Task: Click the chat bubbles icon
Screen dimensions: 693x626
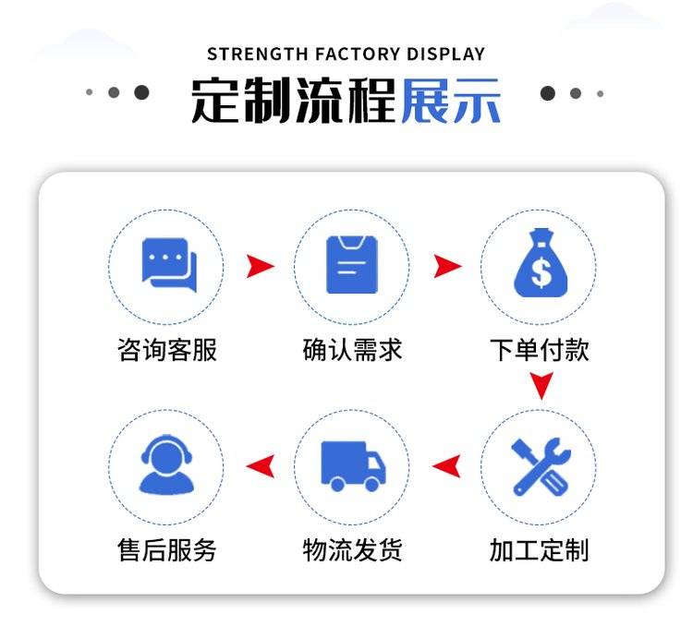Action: [169, 265]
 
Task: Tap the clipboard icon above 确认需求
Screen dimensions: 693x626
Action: [352, 265]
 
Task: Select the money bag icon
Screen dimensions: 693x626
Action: [541, 262]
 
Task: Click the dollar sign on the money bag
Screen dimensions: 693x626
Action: [541, 272]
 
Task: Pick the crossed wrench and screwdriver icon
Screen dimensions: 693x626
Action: [541, 466]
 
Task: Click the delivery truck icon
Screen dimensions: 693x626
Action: [353, 466]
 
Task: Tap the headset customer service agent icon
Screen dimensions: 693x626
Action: [166, 464]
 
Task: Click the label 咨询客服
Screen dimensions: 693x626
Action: [167, 350]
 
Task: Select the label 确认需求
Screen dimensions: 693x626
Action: [352, 350]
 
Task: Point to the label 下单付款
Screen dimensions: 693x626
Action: [540, 350]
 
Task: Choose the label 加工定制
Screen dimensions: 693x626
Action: [540, 550]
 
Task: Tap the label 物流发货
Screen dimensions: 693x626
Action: [352, 550]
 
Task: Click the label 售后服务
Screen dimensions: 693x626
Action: [167, 550]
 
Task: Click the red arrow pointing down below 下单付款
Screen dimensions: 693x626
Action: [541, 383]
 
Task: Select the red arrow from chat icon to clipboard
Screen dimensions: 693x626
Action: [260, 266]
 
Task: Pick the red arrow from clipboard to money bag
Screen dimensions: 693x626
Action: [447, 266]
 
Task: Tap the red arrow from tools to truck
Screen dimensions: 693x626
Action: [446, 466]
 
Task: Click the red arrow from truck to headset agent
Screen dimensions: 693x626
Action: [261, 466]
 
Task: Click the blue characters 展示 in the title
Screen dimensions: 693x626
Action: [451, 101]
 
